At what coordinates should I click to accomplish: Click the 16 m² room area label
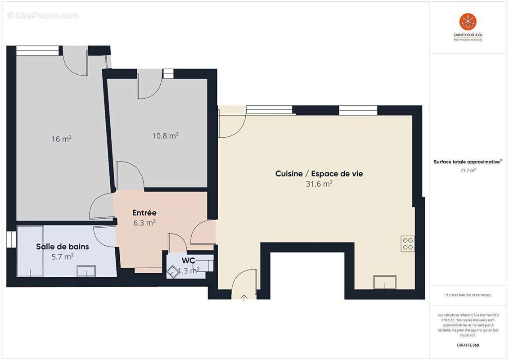(61, 139)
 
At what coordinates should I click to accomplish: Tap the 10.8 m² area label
(165, 135)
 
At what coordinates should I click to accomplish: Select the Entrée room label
(144, 212)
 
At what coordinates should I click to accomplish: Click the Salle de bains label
(63, 247)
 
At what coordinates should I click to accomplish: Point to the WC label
(188, 261)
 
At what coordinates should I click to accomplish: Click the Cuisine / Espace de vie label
(319, 174)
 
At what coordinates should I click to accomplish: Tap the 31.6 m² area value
(319, 184)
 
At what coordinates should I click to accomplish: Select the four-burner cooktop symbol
(408, 244)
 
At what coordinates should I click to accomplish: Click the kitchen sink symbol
(385, 282)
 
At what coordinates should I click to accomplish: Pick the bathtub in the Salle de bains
(31, 251)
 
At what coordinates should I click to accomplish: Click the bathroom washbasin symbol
(86, 271)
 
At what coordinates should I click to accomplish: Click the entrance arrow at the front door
(244, 297)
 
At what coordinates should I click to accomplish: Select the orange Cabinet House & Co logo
(468, 22)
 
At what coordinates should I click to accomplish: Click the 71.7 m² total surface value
(468, 171)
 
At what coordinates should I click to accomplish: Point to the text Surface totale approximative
(467, 162)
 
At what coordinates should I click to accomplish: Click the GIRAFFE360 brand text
(468, 345)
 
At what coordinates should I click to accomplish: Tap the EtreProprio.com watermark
(43, 16)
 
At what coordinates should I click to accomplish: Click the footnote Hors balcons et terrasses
(468, 295)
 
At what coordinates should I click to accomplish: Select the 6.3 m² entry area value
(144, 222)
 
